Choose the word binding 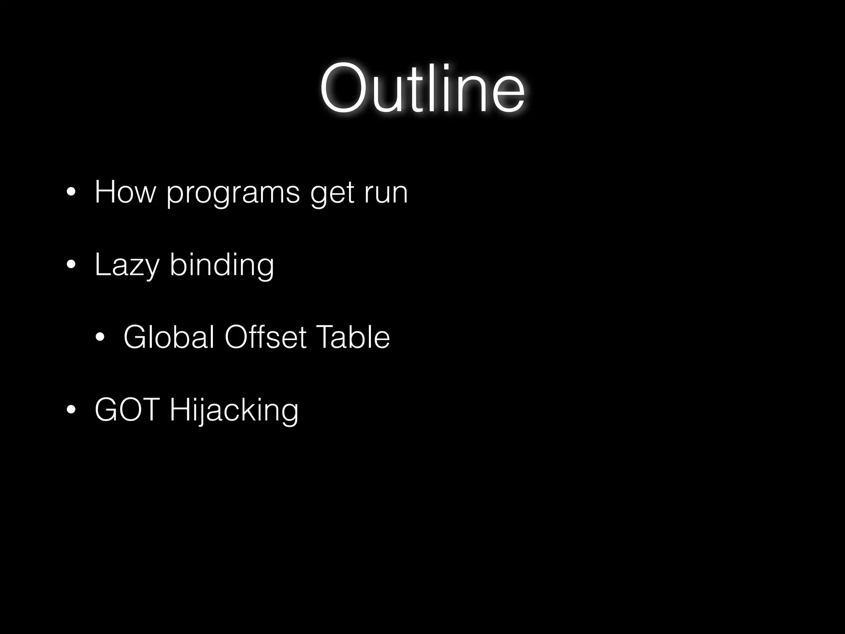(x=222, y=265)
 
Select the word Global (x=168, y=337)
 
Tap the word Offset (x=265, y=337)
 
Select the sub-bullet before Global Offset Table (x=100, y=338)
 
